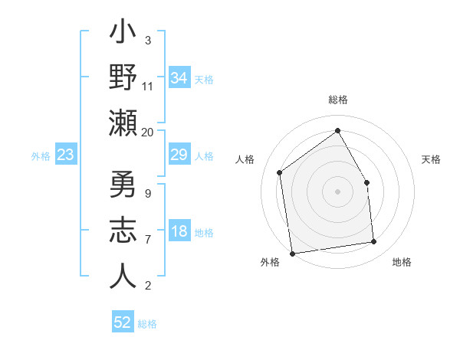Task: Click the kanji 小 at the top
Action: coord(123,36)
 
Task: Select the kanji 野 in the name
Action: coord(123,79)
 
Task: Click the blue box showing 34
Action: coord(179,78)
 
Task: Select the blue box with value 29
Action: coord(179,155)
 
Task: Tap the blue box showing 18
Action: coord(179,232)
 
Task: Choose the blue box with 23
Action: coord(66,155)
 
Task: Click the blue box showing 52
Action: coord(123,322)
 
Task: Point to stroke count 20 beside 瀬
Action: coord(147,132)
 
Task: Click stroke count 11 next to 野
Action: coord(147,86)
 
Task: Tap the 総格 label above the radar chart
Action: coord(337,100)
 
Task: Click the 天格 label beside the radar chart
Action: coord(431,159)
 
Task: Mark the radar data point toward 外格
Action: coord(292,253)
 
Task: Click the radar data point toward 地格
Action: coord(374,242)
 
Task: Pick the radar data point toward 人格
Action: coord(280,172)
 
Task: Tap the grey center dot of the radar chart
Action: coord(337,191)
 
